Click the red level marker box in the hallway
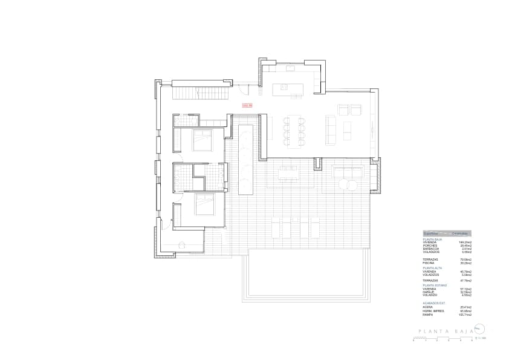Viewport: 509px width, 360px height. [x=246, y=105]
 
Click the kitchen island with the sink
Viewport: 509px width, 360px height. [x=288, y=90]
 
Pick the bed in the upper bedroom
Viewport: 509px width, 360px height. [x=201, y=140]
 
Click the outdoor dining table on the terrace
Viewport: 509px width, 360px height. [x=290, y=174]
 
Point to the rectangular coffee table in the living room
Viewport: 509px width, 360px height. [x=347, y=129]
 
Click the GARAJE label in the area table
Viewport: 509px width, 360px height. [x=428, y=292]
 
